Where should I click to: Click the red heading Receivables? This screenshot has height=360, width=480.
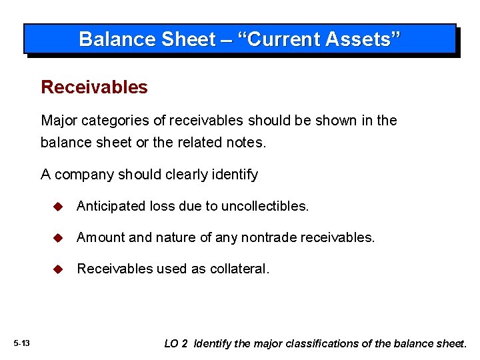94,87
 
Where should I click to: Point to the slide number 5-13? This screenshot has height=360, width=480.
21,343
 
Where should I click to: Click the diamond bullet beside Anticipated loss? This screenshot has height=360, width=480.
58,207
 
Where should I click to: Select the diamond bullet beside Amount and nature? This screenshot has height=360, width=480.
58,238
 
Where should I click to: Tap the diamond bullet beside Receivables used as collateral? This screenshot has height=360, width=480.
58,269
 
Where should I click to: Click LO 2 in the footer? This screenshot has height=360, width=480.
176,344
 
